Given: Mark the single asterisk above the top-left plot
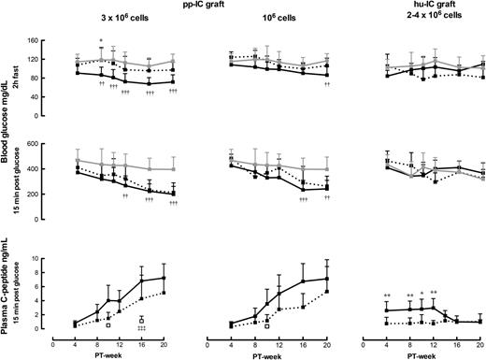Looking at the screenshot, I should pyautogui.click(x=101, y=41).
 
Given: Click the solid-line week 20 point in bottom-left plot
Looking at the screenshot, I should pyautogui.click(x=164, y=278).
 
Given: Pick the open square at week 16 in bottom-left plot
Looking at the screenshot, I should pyautogui.click(x=141, y=320).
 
